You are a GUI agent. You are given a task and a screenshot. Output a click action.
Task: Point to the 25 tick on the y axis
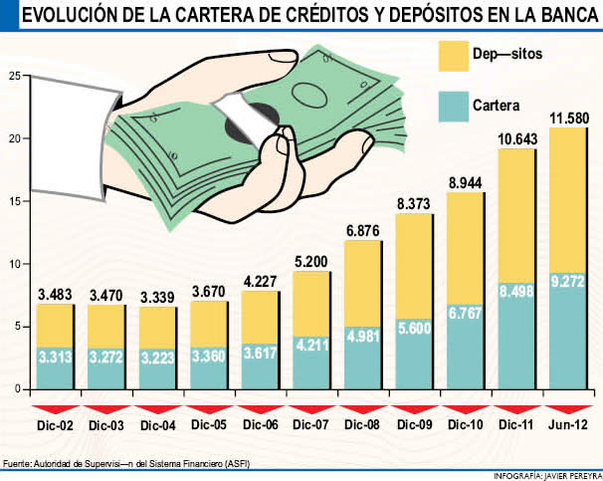13,76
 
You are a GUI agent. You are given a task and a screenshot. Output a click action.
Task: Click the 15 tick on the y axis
13,201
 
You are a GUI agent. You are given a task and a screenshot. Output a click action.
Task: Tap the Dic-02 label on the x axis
58,425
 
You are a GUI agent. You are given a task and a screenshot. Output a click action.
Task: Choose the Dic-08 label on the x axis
364,425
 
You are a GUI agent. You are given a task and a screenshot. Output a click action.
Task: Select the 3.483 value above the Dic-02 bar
58,296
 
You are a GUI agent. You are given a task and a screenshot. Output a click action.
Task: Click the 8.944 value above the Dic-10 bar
466,183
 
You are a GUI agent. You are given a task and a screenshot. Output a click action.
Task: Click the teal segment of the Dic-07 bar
312,361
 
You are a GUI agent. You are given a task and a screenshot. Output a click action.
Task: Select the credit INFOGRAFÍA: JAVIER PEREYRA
546,473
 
